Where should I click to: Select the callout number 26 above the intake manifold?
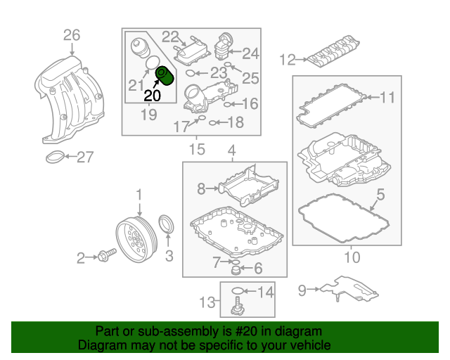[x=72, y=34]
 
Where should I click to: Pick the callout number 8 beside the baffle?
[x=201, y=188]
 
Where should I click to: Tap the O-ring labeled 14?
[x=238, y=290]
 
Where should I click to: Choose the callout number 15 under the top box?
[x=198, y=149]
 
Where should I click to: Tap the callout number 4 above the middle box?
[x=231, y=150]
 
